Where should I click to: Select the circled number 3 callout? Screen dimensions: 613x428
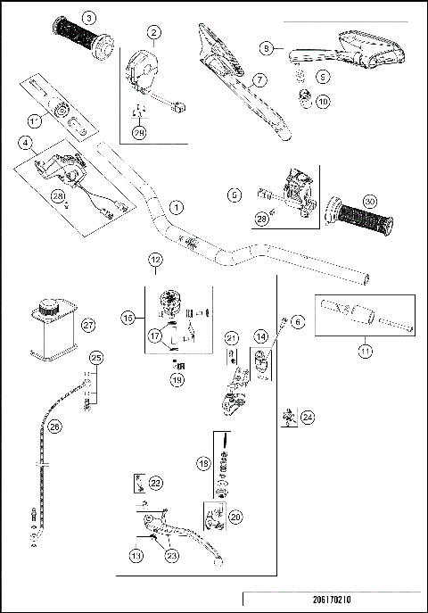pos(88,18)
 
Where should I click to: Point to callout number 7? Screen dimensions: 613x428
pos(259,80)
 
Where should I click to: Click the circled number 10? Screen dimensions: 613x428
pos(322,102)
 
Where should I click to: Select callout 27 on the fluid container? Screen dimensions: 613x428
pos(87,326)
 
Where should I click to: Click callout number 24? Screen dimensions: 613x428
pos(307,416)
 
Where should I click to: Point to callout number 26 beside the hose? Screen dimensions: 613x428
pos(55,427)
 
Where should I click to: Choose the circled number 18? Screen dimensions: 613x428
pos(204,464)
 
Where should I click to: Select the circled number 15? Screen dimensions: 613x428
pos(130,317)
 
